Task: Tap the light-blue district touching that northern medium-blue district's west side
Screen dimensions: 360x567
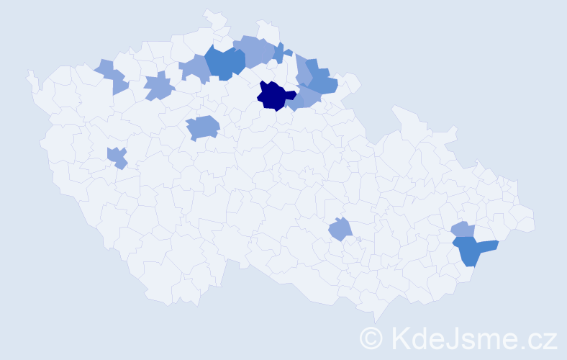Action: pyautogui.click(x=194, y=68)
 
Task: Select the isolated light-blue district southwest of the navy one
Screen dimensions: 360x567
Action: pyautogui.click(x=203, y=128)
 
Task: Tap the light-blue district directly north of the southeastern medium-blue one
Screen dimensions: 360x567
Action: pyautogui.click(x=463, y=230)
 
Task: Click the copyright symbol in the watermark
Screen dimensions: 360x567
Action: pyautogui.click(x=371, y=338)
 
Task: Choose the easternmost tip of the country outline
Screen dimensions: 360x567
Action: pyautogui.click(x=535, y=223)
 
